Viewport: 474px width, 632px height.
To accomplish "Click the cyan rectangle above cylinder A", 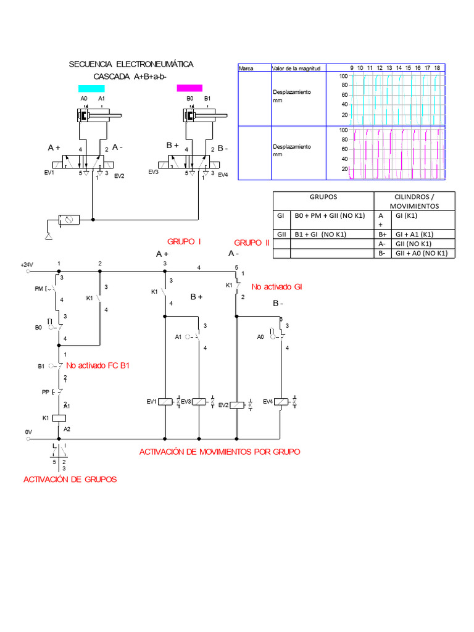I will pos(91,88).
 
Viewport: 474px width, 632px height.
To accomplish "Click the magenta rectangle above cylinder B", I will pos(190,88).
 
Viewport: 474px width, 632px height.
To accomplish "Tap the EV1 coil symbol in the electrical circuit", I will pos(165,402).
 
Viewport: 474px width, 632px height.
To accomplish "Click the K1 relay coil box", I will pos(60,417).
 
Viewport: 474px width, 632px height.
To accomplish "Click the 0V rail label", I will pos(28,433).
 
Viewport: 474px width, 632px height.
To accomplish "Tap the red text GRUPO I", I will pos(185,241).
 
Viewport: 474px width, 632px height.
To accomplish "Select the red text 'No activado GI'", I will pos(276,286).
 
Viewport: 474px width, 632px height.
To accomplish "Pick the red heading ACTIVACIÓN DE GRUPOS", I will pos(70,480).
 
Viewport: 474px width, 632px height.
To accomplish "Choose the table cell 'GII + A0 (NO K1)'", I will pos(419,253).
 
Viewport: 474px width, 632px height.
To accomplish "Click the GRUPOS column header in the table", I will pos(323,197).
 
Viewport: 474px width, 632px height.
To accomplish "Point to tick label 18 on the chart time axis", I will pos(437,68).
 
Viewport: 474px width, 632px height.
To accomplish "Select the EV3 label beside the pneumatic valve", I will pos(154,173).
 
